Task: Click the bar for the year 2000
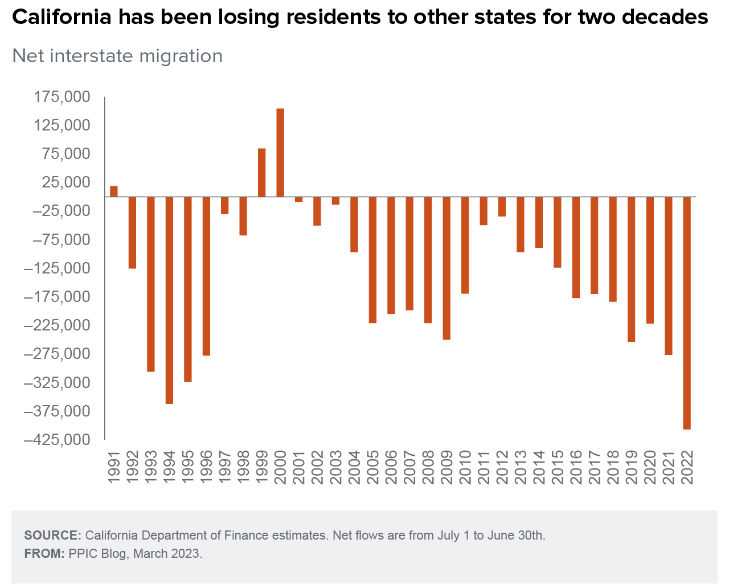click(x=280, y=152)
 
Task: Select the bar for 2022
click(x=687, y=313)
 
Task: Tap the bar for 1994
click(x=169, y=300)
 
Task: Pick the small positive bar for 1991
click(x=114, y=191)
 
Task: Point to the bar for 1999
click(x=262, y=173)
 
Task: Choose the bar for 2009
click(x=447, y=268)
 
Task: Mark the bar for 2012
click(x=502, y=207)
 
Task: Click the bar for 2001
click(x=298, y=199)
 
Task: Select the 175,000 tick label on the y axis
click(x=62, y=97)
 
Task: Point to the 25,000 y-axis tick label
click(x=66, y=182)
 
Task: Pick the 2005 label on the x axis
click(x=373, y=467)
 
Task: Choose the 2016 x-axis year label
click(x=576, y=467)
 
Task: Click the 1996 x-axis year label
click(x=206, y=467)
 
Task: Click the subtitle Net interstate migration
click(x=117, y=56)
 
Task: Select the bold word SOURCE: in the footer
click(x=53, y=536)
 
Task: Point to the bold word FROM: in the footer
click(x=44, y=554)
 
